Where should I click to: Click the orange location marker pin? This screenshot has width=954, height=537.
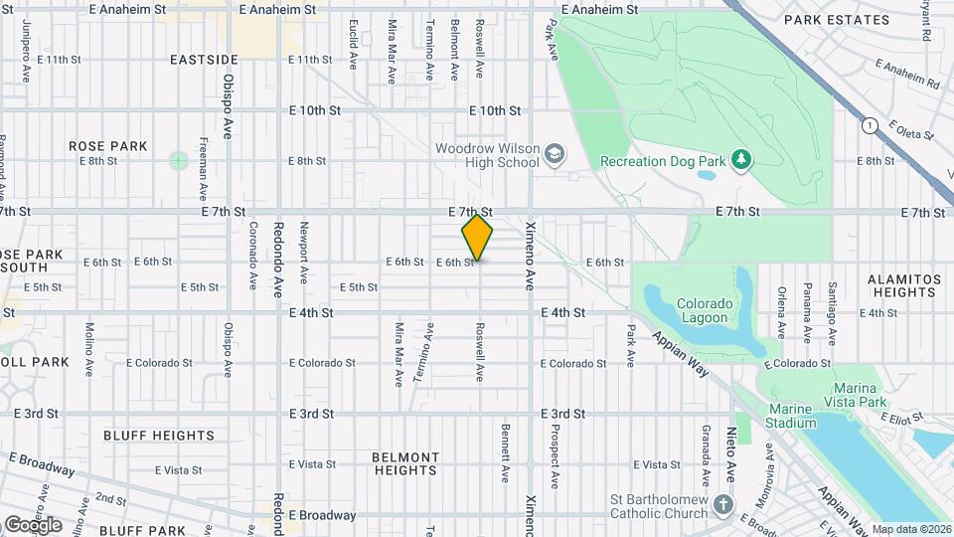(x=477, y=238)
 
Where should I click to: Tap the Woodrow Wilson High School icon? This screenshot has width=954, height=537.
(x=554, y=154)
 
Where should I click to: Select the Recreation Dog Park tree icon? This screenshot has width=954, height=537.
(x=739, y=159)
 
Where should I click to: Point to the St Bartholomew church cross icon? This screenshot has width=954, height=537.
(x=724, y=504)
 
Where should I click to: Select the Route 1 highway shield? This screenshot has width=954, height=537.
(x=871, y=125)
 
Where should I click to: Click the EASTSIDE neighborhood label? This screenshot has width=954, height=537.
(x=204, y=60)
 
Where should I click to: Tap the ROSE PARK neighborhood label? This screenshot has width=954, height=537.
(x=108, y=146)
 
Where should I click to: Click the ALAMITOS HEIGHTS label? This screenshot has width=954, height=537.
(x=903, y=286)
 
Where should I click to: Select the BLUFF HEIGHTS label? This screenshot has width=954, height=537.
(x=159, y=436)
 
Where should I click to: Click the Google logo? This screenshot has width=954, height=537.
(x=32, y=525)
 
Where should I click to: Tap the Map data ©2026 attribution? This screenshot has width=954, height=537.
(x=911, y=529)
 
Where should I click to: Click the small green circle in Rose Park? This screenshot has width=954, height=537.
(x=178, y=160)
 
